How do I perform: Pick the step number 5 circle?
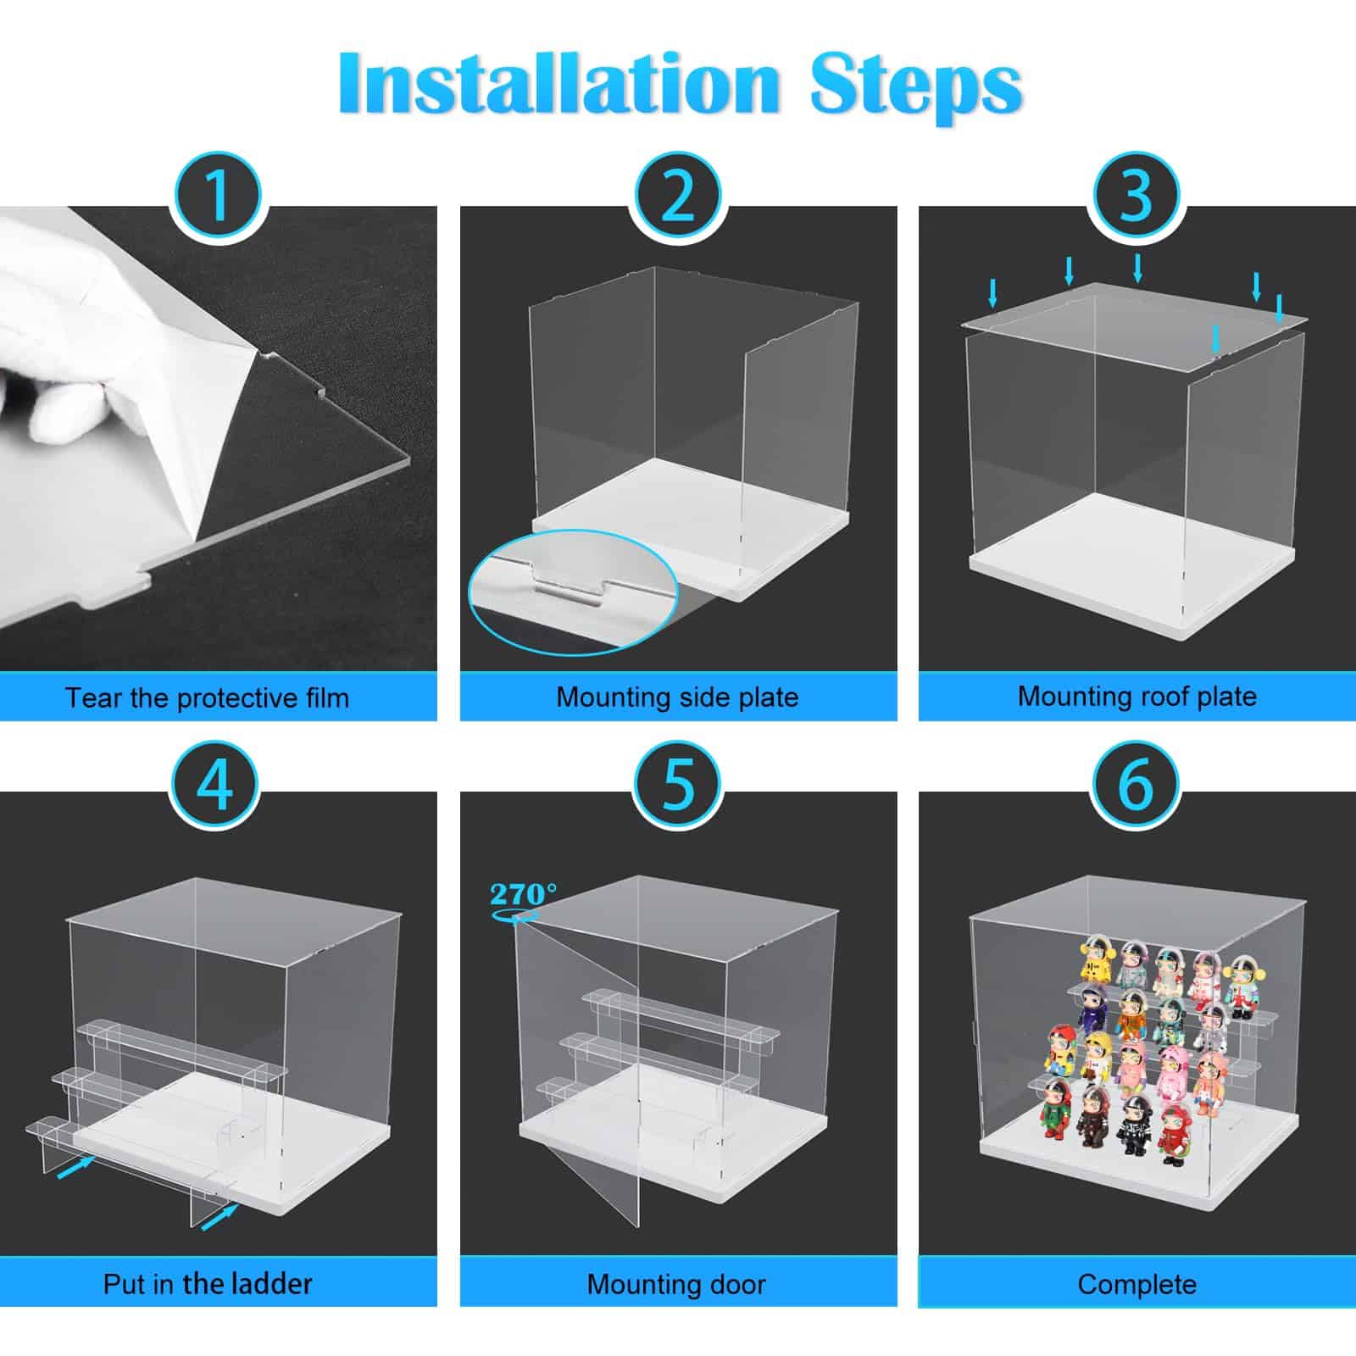click(678, 785)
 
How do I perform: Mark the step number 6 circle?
click(1136, 785)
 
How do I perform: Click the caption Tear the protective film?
click(208, 697)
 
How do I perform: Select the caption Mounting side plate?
click(677, 697)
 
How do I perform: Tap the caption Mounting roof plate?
click(1136, 696)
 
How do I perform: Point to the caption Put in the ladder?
click(208, 1283)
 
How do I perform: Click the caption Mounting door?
click(676, 1284)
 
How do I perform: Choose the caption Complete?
click(1136, 1284)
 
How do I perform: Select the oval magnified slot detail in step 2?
click(574, 589)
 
